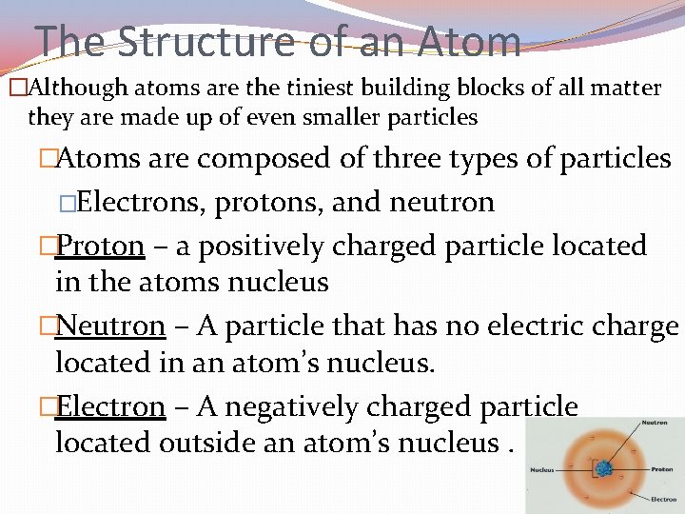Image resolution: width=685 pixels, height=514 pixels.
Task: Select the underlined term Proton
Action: pyautogui.click(x=100, y=246)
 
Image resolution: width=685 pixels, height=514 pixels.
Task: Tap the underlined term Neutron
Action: pyautogui.click(x=110, y=326)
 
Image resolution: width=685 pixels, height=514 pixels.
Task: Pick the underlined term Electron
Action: pyautogui.click(x=110, y=406)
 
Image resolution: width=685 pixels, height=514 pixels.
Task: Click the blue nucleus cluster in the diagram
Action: pyautogui.click(x=603, y=468)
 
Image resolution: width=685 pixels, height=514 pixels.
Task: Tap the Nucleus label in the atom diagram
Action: pyautogui.click(x=543, y=469)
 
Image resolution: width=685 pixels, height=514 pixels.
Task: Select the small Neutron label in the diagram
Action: pyautogui.click(x=654, y=424)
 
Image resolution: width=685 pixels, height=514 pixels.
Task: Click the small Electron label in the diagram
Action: pyautogui.click(x=663, y=499)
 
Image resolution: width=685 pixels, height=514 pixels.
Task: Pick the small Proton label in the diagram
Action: pyautogui.click(x=662, y=469)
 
